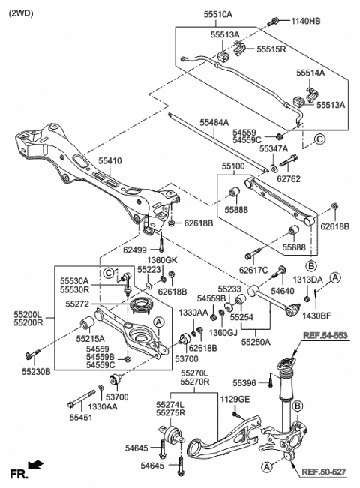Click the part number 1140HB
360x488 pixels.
tap(306, 21)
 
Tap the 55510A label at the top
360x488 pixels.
tap(218, 14)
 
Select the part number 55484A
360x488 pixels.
tap(214, 123)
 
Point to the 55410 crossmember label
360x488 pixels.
tap(110, 161)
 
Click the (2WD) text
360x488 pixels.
tap(21, 13)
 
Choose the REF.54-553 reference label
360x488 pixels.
tap(325, 335)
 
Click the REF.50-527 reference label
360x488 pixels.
tap(324, 472)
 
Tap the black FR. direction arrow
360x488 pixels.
tap(36, 465)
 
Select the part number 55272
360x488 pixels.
tap(77, 304)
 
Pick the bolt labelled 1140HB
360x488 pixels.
tap(273, 22)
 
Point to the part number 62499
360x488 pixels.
tap(135, 250)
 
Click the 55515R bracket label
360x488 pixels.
tap(271, 49)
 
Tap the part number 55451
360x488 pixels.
tap(81, 417)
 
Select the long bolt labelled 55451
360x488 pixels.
tap(82, 399)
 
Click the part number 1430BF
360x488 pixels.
tap(316, 316)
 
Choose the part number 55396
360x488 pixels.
tap(244, 383)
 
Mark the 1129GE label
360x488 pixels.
tap(235, 399)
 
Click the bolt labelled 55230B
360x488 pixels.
tap(33, 354)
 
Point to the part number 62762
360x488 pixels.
tap(289, 178)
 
